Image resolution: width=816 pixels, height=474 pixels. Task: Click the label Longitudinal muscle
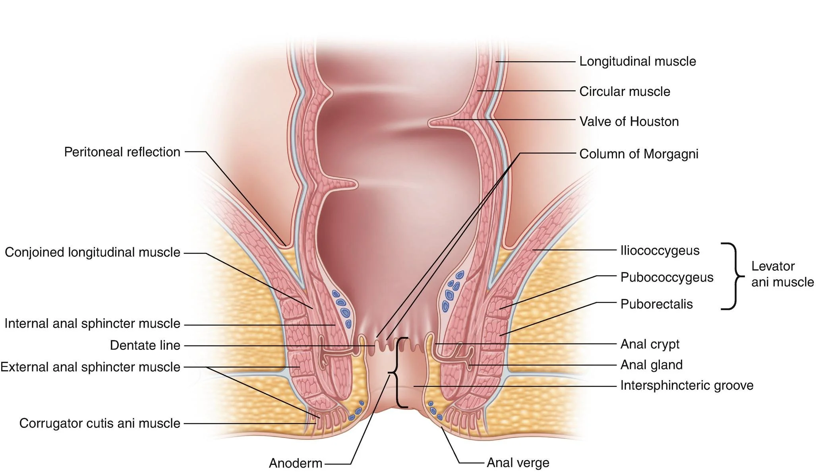click(637, 62)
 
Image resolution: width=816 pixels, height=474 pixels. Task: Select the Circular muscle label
click(625, 92)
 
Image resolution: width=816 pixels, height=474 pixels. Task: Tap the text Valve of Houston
click(629, 122)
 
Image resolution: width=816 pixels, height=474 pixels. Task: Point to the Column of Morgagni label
click(638, 154)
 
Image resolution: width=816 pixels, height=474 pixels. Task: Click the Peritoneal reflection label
click(122, 152)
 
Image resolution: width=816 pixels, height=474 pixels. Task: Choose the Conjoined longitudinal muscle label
click(92, 253)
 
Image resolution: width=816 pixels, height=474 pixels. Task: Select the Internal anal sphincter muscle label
click(92, 324)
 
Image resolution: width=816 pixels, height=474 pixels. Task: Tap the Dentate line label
click(145, 346)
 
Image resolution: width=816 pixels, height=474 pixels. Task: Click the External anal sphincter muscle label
click(90, 367)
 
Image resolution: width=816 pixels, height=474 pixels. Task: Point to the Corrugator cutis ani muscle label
click(100, 423)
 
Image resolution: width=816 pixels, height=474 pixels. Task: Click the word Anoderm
click(295, 463)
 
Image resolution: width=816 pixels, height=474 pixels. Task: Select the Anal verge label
click(518, 463)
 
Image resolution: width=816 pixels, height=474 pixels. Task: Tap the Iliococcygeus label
click(659, 251)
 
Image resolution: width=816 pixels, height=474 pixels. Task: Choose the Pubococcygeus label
click(667, 278)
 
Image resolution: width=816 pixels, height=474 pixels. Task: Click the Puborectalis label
click(656, 305)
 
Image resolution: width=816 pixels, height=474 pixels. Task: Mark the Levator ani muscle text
click(782, 274)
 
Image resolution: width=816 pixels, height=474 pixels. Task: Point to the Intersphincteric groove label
click(686, 386)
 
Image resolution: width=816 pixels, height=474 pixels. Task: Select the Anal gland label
click(651, 365)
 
